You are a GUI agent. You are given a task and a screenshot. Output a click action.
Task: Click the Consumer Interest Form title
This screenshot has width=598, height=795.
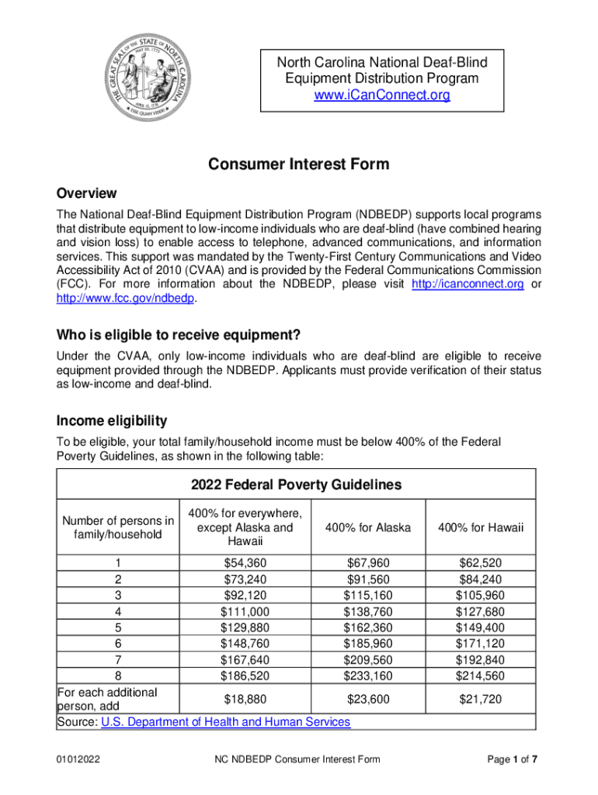coord(298,165)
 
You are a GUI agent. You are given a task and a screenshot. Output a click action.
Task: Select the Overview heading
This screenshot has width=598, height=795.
coord(87,193)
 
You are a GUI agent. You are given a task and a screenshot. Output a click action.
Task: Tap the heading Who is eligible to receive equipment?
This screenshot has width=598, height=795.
coord(179,335)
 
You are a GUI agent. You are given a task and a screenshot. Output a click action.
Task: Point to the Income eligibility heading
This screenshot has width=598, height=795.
coord(112,421)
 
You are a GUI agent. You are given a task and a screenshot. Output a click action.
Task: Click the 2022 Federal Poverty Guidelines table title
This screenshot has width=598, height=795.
coord(297,485)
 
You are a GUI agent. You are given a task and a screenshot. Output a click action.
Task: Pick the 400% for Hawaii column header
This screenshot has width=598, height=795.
coord(481,528)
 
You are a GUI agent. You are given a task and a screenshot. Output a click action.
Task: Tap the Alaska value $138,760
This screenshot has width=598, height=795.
coord(368,612)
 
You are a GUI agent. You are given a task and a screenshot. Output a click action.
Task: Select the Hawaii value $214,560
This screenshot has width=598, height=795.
coord(481,676)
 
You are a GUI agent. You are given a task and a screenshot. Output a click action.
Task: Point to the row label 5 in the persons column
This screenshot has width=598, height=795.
coord(118,627)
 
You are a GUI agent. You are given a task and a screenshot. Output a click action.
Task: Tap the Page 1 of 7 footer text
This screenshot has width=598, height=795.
coord(512,759)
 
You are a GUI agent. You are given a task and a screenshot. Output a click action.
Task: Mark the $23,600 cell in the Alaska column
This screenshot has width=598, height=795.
coord(368,700)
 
